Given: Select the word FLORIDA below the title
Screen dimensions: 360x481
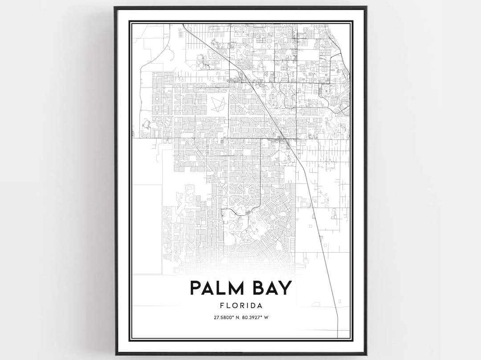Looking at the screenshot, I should pos(240,306).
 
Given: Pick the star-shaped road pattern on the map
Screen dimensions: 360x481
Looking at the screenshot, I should pos(218,104).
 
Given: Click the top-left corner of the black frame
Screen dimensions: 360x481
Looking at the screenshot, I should pos(115,7).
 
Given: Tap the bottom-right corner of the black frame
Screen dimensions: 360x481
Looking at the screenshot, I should pos(366,354).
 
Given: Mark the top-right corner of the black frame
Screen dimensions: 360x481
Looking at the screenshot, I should pos(366,7).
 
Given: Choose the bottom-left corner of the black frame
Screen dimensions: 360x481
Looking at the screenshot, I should pos(115,354).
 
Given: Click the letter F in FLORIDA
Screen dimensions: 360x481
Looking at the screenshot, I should pos(222,306).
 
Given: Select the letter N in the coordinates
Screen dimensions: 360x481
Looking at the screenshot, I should pos(237,317).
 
